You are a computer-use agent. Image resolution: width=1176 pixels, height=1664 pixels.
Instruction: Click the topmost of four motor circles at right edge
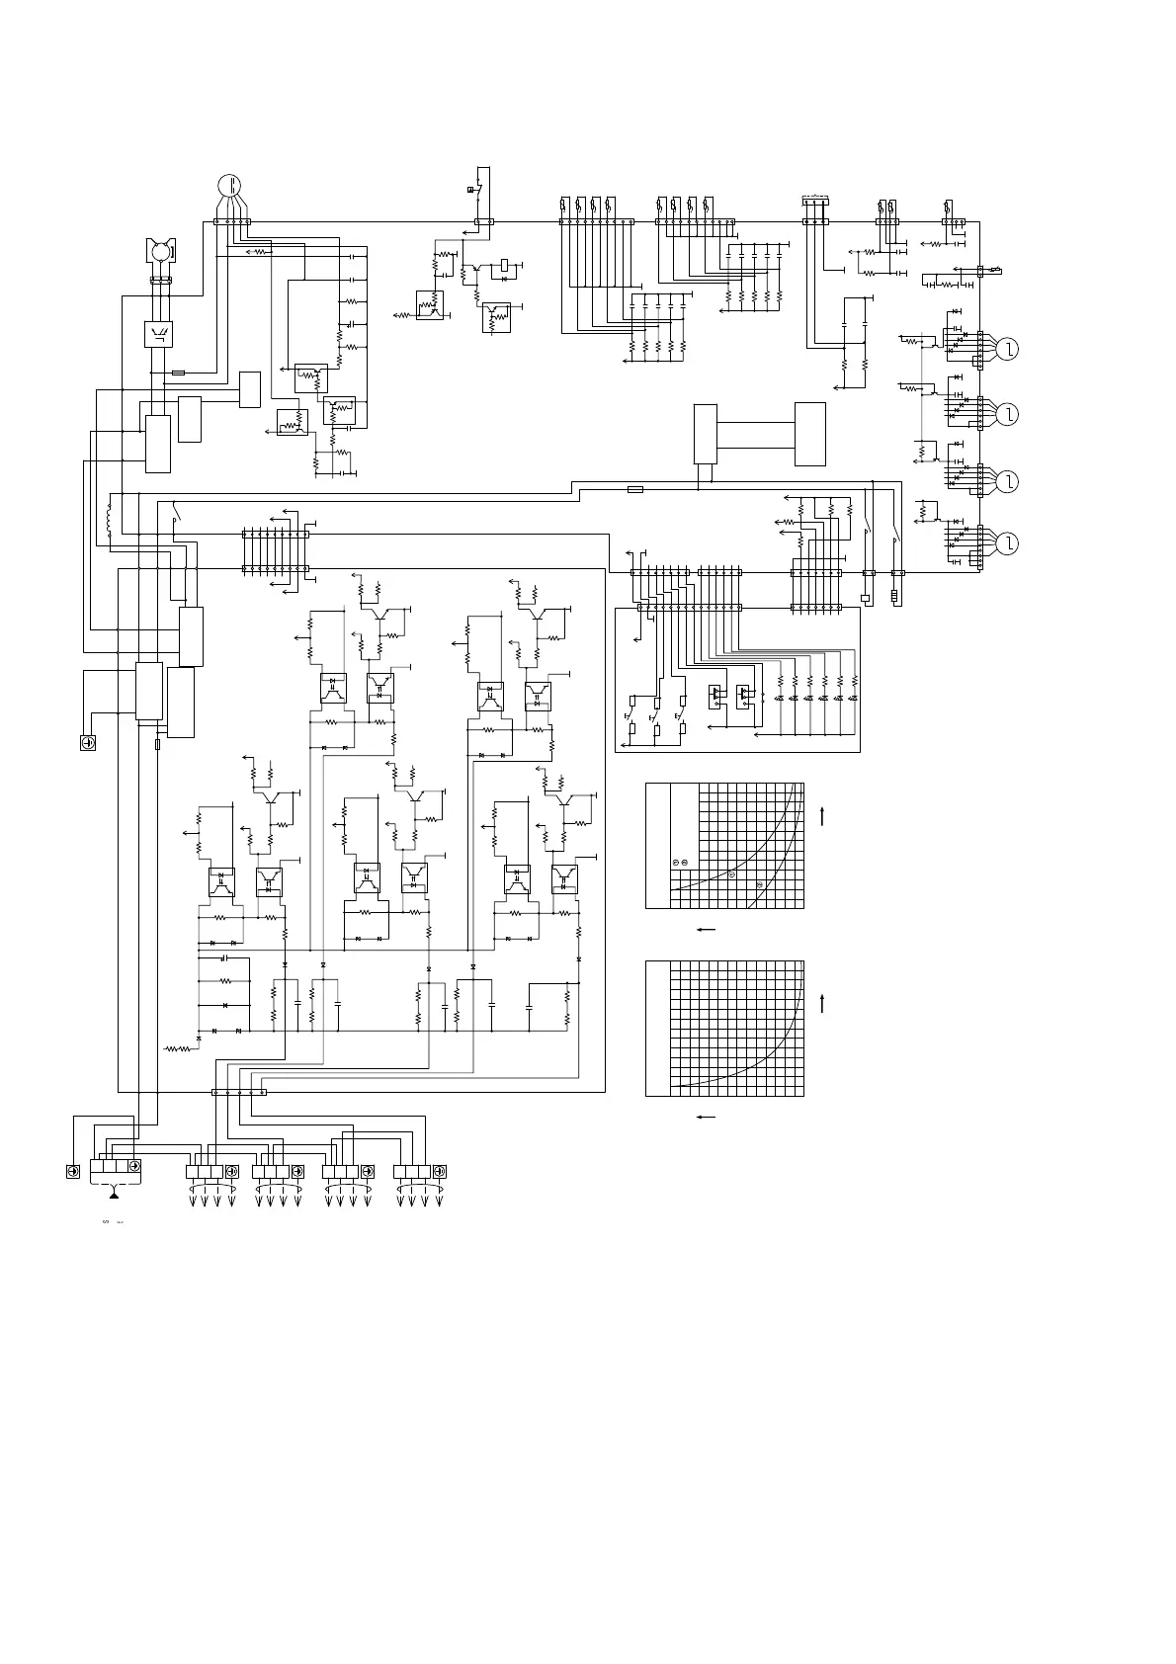click(1007, 349)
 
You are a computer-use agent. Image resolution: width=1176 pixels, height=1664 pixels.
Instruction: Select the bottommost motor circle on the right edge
click(1007, 543)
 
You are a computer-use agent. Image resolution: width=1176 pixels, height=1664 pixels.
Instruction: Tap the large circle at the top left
click(228, 185)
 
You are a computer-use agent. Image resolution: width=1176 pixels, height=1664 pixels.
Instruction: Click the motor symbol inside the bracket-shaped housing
click(159, 252)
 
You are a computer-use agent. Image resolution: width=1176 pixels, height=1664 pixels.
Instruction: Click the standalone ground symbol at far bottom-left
click(87, 742)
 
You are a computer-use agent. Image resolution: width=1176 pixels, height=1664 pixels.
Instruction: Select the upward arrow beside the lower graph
click(823, 1003)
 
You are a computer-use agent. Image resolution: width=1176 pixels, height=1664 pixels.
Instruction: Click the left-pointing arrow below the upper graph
click(706, 930)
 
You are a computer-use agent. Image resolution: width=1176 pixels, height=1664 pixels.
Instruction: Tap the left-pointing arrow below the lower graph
click(706, 1117)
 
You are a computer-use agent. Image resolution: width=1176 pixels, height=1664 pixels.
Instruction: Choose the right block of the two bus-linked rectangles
click(809, 434)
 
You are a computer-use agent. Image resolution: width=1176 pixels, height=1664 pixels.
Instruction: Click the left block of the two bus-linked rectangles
click(706, 433)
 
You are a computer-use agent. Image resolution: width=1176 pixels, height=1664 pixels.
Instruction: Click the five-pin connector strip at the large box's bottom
click(239, 1092)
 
